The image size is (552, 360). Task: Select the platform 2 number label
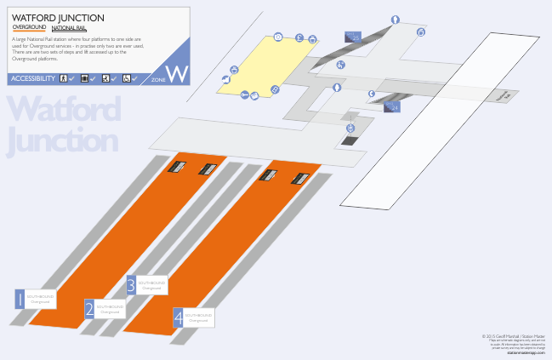tap(89, 309)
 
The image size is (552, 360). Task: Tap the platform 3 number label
tap(131, 285)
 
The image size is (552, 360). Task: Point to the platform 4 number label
tap(178, 318)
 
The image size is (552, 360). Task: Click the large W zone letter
tap(177, 73)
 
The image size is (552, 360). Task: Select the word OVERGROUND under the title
tap(29, 28)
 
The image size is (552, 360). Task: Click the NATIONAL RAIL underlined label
tap(70, 28)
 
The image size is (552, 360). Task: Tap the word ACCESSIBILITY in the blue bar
tap(33, 79)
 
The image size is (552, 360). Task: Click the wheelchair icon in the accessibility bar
tap(126, 79)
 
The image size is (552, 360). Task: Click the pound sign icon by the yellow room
tap(299, 37)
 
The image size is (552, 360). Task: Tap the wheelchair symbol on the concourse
tap(350, 129)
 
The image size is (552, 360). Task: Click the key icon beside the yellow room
tap(245, 94)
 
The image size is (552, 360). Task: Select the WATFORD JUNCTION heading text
tap(59, 17)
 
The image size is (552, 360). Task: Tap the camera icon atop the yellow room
tap(278, 37)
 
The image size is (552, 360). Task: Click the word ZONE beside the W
tap(158, 79)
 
